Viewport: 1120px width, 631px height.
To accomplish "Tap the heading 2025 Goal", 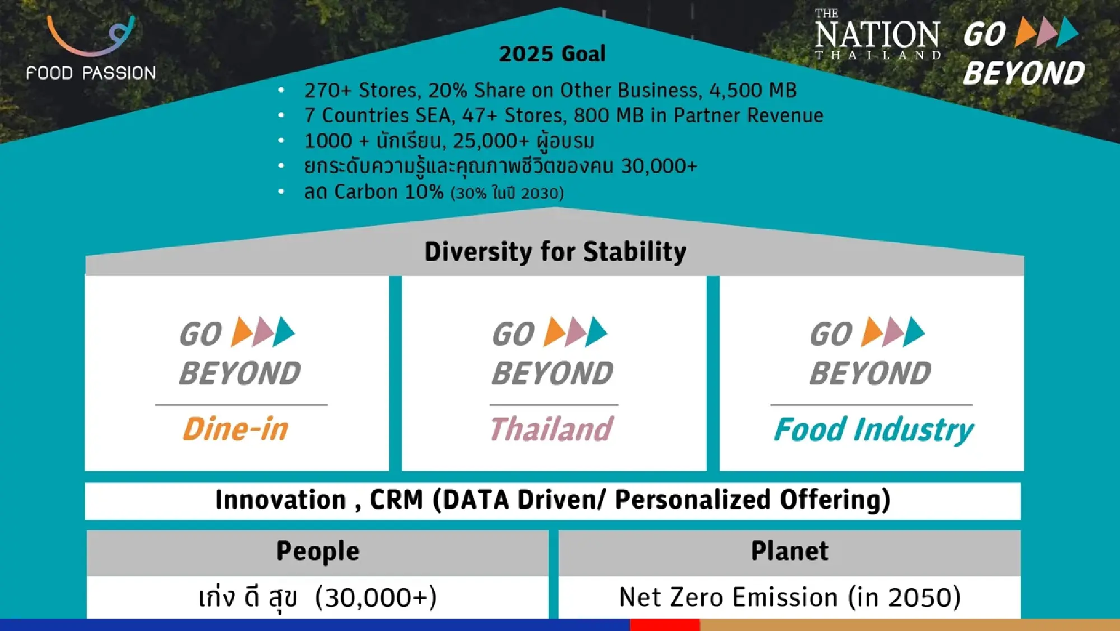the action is (552, 54).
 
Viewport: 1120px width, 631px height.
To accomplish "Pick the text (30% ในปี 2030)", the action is (507, 193).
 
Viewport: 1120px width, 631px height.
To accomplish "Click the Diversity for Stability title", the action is (555, 252).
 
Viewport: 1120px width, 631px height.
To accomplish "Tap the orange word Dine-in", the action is (236, 429).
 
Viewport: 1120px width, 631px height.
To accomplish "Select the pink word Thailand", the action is (552, 429).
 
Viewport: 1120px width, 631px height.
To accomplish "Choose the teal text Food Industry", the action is (874, 430).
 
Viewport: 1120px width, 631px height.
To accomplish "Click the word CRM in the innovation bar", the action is (396, 499).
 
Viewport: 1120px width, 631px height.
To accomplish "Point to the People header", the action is (318, 551).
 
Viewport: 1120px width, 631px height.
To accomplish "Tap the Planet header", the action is (790, 551).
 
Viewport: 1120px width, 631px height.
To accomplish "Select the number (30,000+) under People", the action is (376, 598).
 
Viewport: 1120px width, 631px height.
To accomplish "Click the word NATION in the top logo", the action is (877, 35).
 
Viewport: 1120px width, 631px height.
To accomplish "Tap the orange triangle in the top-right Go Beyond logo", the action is (1026, 31).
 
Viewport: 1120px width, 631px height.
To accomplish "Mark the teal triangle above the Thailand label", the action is (596, 332).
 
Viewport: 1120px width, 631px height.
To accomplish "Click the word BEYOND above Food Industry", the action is (870, 373).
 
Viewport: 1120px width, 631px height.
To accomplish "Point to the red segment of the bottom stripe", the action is (665, 625).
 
